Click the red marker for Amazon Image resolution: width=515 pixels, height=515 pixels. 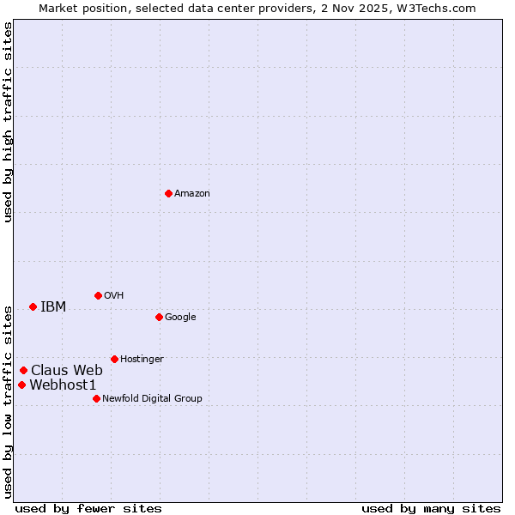(168, 193)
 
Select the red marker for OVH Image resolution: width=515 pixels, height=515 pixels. (98, 295)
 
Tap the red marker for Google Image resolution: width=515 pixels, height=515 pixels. (159, 317)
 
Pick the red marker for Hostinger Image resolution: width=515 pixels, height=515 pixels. (114, 359)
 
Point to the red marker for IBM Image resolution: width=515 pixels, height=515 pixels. (33, 306)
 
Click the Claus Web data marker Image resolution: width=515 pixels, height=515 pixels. (23, 370)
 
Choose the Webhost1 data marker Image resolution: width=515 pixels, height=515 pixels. (21, 385)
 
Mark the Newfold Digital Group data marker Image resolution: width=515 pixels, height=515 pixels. (96, 398)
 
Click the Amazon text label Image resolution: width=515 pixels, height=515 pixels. (192, 194)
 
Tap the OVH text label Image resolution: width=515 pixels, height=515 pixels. (114, 296)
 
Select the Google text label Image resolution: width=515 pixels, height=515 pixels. (180, 318)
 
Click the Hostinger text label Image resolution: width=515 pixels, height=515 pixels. (142, 360)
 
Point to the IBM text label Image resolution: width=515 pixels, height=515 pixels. (53, 307)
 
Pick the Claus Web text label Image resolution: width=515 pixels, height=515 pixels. (67, 371)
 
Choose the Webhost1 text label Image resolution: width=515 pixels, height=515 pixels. (64, 385)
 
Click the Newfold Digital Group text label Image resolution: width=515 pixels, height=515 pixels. (153, 399)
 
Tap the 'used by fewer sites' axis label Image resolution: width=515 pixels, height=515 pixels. (88, 508)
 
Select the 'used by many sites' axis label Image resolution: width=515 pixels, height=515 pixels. (431, 508)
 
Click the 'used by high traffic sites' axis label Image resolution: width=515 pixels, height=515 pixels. (8, 122)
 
